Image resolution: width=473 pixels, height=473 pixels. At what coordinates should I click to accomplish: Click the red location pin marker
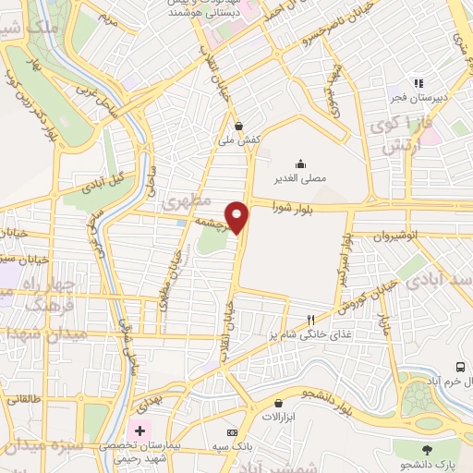pyautogui.click(x=237, y=217)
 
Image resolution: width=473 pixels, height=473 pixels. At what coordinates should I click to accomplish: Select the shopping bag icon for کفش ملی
pyautogui.click(x=240, y=126)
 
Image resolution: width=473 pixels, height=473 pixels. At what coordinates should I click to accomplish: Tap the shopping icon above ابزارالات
pyautogui.click(x=278, y=403)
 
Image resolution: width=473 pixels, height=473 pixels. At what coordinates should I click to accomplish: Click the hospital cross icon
pyautogui.click(x=139, y=431)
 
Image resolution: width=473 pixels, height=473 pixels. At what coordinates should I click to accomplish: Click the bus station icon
pyautogui.click(x=461, y=367)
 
